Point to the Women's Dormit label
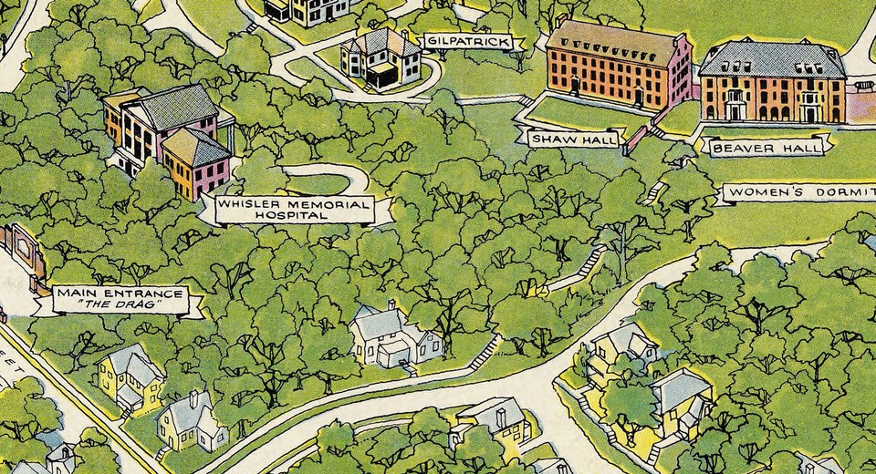798,193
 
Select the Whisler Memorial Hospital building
169,137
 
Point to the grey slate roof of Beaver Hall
771,59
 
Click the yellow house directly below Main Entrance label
130,378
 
